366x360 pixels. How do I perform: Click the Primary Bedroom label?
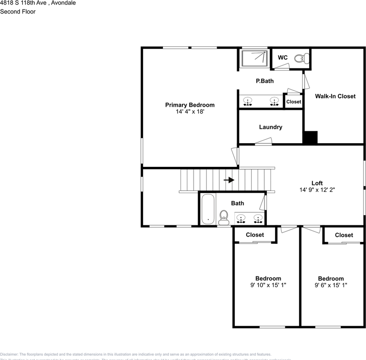[190, 105]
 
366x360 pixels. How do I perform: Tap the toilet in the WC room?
[302, 58]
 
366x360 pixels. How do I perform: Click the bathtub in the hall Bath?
[208, 209]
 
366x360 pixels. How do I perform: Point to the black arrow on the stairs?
[229, 180]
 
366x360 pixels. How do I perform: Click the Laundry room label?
[270, 127]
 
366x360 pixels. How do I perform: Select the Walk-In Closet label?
[335, 96]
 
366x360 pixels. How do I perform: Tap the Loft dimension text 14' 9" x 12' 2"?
[317, 190]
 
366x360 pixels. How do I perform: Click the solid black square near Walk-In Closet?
[310, 137]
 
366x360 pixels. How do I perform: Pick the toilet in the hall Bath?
[224, 216]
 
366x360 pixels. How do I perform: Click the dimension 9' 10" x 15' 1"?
[268, 285]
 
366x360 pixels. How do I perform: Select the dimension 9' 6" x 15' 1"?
[330, 285]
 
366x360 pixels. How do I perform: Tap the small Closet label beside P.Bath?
[293, 102]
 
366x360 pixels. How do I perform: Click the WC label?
[282, 57]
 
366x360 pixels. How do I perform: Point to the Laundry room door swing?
[264, 141]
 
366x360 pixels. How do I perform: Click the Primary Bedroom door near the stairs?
[235, 155]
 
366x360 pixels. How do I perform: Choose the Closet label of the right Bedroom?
[344, 235]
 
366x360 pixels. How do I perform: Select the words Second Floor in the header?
[18, 12]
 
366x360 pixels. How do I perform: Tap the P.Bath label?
[264, 81]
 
